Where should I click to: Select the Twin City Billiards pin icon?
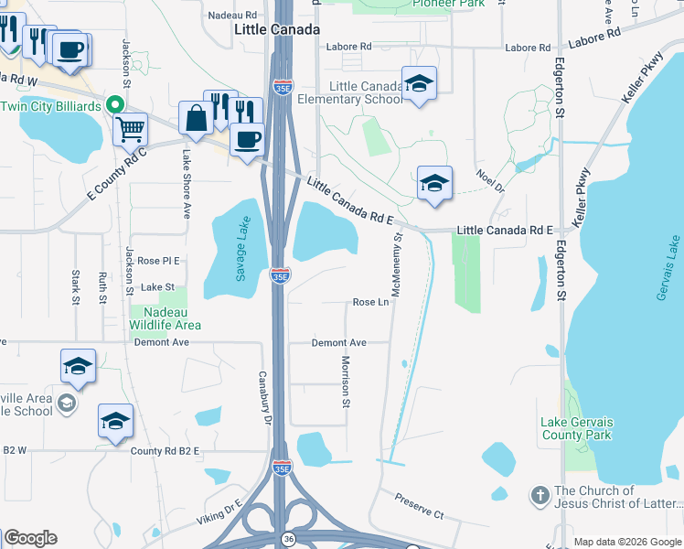click(x=115, y=106)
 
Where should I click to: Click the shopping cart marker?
click(x=131, y=129)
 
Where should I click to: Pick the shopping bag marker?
click(x=197, y=118)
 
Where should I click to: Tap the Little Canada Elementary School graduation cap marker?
click(x=419, y=84)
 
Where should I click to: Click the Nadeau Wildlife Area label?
click(x=165, y=318)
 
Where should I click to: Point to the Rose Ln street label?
click(x=370, y=302)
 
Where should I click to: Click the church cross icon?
click(x=540, y=495)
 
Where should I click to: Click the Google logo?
click(x=30, y=538)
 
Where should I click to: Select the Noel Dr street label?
click(x=490, y=181)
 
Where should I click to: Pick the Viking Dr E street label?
click(x=219, y=511)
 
